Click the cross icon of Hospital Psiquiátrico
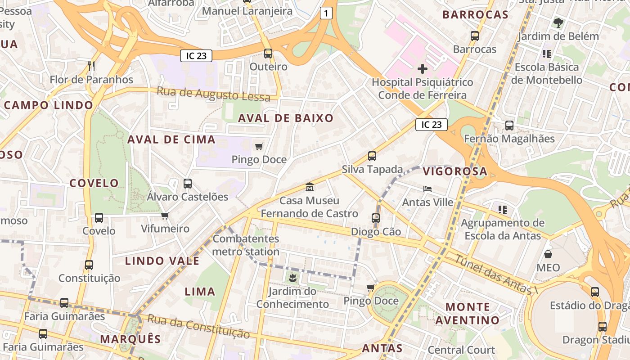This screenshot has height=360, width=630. click(x=422, y=69)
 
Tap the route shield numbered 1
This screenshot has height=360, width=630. click(x=326, y=13)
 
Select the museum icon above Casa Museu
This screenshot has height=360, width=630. click(x=310, y=187)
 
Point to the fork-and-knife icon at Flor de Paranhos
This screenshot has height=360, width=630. click(x=91, y=66)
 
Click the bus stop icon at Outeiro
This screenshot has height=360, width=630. click(x=268, y=54)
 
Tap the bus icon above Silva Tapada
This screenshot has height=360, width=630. click(x=372, y=156)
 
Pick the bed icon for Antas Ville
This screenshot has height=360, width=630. click(x=427, y=189)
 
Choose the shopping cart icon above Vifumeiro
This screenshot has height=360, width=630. click(x=165, y=216)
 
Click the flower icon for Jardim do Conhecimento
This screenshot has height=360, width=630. click(x=292, y=278)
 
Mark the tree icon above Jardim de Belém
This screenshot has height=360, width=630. click(x=558, y=22)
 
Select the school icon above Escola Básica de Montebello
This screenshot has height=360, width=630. click(x=547, y=54)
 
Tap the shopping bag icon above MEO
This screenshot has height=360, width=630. click(x=548, y=254)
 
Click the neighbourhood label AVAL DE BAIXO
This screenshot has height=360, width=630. click(x=286, y=118)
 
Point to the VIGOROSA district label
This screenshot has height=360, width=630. click(x=455, y=171)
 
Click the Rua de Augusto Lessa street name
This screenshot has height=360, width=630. click(x=213, y=94)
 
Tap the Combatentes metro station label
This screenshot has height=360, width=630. click(x=246, y=245)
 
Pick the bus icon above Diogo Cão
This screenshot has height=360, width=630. click(x=376, y=218)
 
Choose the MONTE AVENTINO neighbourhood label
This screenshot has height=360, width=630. click(x=467, y=314)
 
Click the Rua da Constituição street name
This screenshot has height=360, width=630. click(x=198, y=326)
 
